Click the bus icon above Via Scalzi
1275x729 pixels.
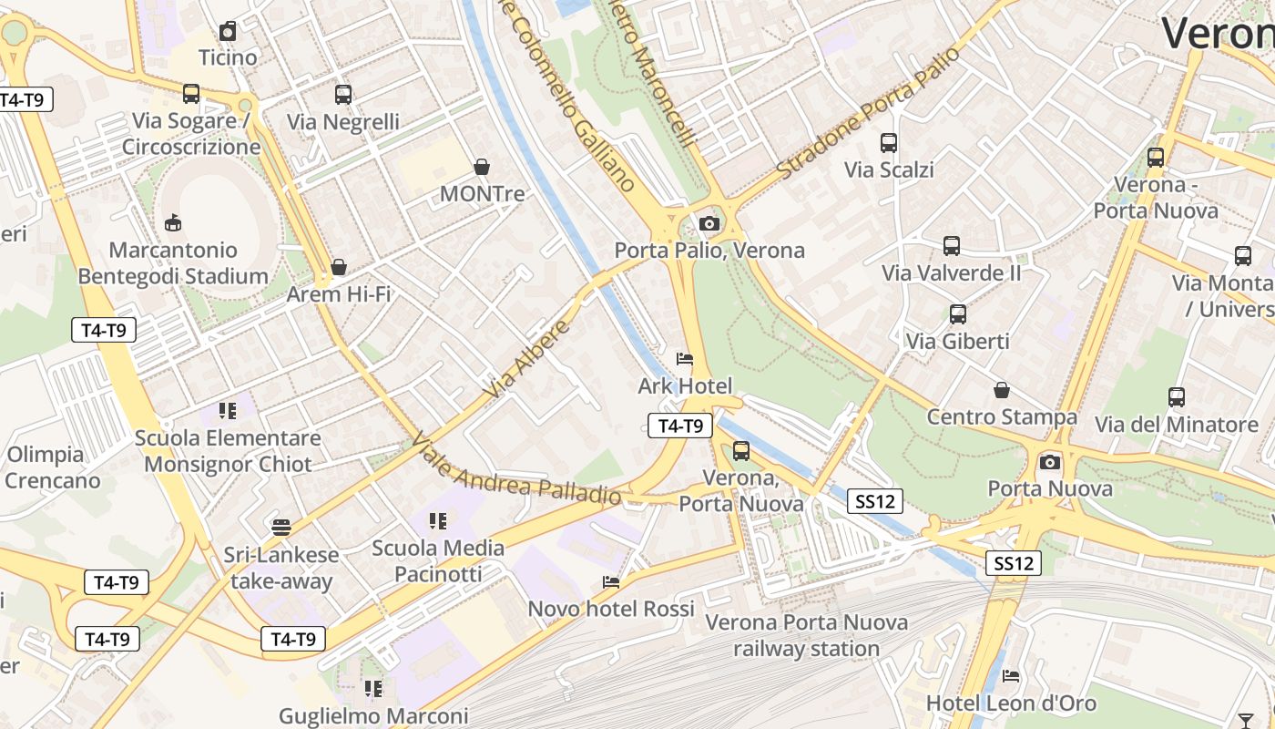pos(888,143)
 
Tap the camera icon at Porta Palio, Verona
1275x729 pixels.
pos(709,223)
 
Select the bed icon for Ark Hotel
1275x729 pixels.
pos(685,359)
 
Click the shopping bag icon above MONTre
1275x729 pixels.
pos(482,167)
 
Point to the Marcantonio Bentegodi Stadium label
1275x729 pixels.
pos(173,263)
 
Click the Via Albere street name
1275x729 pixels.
pos(528,358)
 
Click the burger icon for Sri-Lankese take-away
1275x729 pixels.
pos(281,527)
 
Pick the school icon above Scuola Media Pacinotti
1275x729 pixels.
pos(438,520)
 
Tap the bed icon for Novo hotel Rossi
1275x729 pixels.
pos(611,581)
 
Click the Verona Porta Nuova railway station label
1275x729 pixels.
pos(807,635)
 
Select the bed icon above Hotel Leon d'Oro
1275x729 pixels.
pos(1011,676)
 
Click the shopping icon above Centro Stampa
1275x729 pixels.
pos(1002,390)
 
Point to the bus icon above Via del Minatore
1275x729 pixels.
pos(1177,397)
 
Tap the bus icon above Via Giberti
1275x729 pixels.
pos(957,314)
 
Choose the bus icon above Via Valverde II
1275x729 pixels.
pos(952,246)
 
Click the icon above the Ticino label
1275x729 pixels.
pos(228,31)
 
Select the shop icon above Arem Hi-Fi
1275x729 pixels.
pos(339,267)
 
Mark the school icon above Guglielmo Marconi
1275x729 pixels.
pos(372,688)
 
